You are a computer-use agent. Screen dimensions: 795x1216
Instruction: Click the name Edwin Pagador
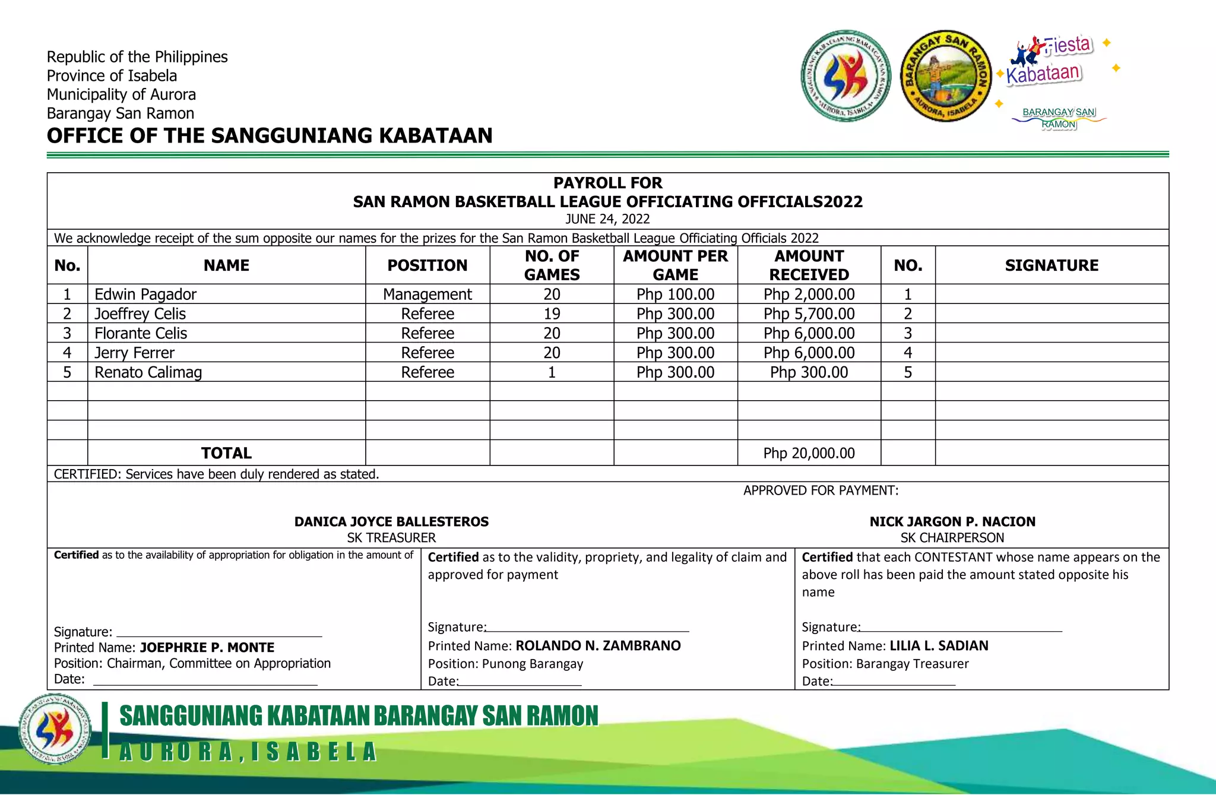point(145,294)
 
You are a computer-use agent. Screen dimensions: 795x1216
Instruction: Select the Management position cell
point(427,294)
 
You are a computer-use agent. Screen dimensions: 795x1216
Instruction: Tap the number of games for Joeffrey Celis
point(552,314)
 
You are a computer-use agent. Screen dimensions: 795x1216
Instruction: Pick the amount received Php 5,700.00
point(809,314)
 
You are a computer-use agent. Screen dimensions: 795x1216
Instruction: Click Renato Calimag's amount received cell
point(809,372)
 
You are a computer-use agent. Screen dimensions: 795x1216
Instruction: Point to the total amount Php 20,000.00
point(809,454)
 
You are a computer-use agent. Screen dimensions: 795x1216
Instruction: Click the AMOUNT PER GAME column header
point(675,265)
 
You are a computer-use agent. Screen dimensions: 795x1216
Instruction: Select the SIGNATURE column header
point(1052,265)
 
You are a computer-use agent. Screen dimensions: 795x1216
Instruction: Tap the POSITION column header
point(427,265)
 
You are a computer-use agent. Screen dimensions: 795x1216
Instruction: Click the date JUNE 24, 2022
point(607,219)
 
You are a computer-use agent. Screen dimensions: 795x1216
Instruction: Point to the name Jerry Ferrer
point(135,353)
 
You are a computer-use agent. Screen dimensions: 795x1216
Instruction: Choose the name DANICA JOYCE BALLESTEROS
point(391,522)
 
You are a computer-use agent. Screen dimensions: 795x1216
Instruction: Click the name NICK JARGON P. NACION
point(952,522)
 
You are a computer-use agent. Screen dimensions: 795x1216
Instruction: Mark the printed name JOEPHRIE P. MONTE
point(207,648)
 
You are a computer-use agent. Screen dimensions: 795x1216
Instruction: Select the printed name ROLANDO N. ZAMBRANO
point(598,646)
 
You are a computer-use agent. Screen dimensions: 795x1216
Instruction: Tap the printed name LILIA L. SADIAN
point(939,646)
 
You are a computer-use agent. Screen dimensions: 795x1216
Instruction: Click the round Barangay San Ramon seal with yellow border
point(946,77)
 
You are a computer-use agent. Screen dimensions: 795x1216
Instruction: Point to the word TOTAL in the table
point(226,454)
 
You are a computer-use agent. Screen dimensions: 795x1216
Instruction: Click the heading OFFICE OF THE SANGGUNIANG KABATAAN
point(270,136)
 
